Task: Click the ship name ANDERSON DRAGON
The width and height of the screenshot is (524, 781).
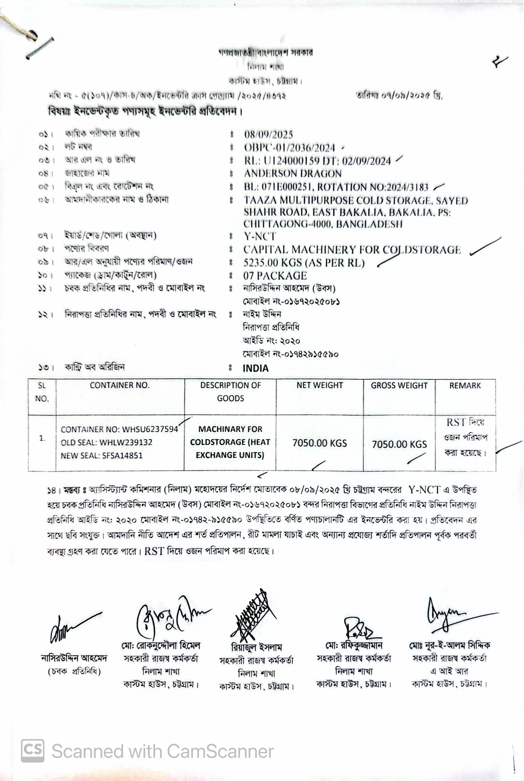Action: [x=292, y=174]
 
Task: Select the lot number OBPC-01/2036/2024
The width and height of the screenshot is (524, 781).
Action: [x=289, y=148]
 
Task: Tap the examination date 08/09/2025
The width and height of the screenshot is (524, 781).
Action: [x=268, y=135]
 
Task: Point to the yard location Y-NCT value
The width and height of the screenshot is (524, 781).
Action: [x=260, y=236]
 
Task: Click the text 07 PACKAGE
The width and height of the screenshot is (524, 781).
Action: [x=275, y=276]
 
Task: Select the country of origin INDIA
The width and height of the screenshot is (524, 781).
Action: [x=255, y=368]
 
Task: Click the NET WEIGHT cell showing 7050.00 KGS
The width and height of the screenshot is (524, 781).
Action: [x=319, y=443]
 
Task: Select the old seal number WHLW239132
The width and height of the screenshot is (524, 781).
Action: [x=126, y=442]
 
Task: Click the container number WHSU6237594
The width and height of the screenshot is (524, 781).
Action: [x=150, y=430]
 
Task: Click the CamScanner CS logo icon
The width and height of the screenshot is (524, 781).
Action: [x=32, y=751]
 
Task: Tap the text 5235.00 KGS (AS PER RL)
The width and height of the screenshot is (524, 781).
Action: [x=304, y=263]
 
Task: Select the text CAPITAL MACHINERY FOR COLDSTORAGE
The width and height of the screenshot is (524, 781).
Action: [x=352, y=250]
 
